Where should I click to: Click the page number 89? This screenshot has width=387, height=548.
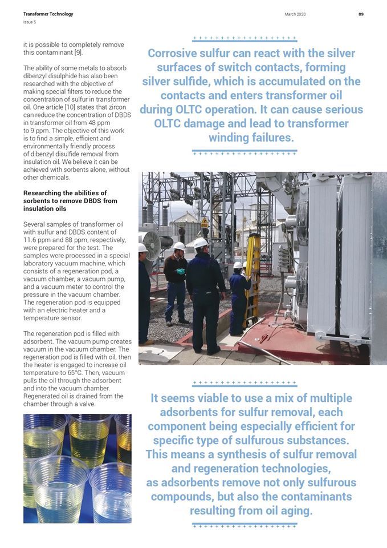coord(361,14)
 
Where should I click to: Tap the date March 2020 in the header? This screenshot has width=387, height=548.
coord(294,14)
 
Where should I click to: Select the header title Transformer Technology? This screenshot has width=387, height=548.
coord(48,14)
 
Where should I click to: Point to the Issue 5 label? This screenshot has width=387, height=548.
coord(29,22)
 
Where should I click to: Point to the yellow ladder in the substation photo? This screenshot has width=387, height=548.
coord(251,274)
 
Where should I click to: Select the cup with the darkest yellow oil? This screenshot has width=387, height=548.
coord(88,438)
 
